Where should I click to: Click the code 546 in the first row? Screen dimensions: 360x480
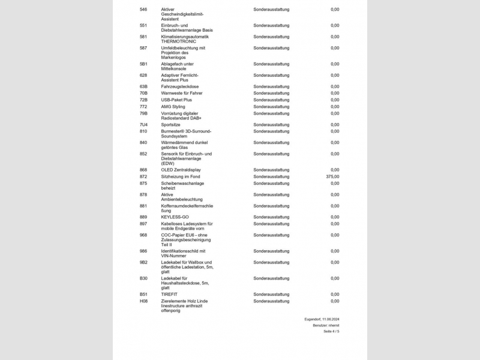[x=143, y=10]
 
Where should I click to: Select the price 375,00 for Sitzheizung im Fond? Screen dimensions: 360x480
[x=332, y=176]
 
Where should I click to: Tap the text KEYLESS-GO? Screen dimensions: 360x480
[x=175, y=217]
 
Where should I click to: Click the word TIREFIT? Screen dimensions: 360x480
[x=169, y=295]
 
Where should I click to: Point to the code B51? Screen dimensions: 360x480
[x=143, y=295]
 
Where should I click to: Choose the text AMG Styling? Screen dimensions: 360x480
[x=173, y=107]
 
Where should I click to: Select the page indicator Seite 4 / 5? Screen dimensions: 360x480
[x=331, y=331]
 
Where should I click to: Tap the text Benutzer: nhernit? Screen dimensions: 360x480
[x=326, y=325]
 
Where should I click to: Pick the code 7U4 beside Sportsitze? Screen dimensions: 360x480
[x=143, y=125]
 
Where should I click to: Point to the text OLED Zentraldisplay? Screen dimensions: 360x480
[x=181, y=170]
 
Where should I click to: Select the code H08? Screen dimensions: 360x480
[x=143, y=301]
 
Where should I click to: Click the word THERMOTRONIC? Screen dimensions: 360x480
[x=179, y=41]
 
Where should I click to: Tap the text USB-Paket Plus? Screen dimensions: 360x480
[x=176, y=100]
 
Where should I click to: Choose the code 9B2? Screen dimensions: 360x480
[x=143, y=262]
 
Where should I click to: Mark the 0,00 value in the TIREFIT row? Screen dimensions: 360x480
[x=335, y=295]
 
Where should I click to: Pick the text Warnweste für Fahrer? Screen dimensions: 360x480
[x=182, y=93]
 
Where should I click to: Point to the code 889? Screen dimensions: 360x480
[x=143, y=217]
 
